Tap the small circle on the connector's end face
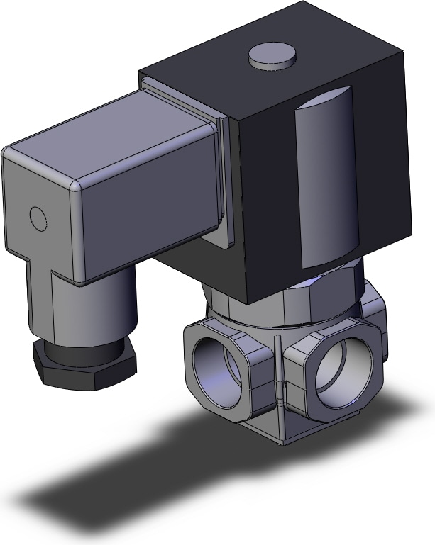click(x=36, y=217)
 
